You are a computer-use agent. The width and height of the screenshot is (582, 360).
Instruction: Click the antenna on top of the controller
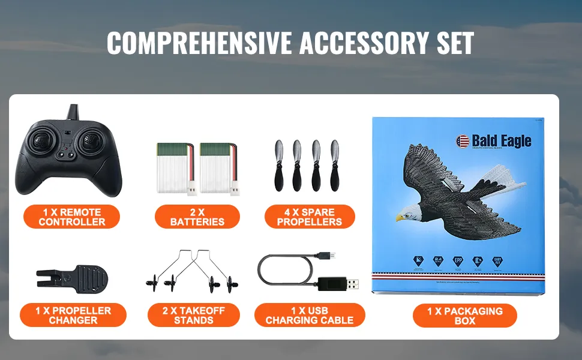pyautogui.click(x=73, y=112)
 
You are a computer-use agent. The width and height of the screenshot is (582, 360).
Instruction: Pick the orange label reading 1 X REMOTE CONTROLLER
pyautogui.click(x=71, y=217)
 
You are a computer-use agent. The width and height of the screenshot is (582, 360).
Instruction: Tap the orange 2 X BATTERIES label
pyautogui.click(x=197, y=217)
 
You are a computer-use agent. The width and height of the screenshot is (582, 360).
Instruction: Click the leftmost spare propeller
pyautogui.click(x=279, y=166)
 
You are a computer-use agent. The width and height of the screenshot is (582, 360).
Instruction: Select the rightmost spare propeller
pyautogui.click(x=334, y=166)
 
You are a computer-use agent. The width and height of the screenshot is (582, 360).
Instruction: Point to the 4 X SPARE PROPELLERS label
pyautogui.click(x=310, y=217)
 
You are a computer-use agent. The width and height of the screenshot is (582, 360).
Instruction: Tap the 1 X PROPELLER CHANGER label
pyautogui.click(x=73, y=315)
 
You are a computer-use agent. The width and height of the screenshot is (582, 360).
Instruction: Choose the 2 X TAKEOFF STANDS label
pyautogui.click(x=193, y=315)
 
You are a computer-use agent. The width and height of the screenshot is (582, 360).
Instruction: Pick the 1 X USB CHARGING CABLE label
pyautogui.click(x=310, y=315)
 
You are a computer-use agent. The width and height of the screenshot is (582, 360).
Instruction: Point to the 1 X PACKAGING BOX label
pyautogui.click(x=464, y=315)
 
